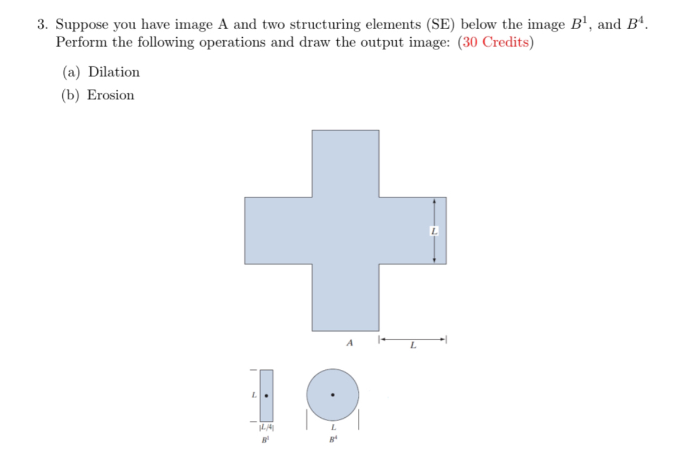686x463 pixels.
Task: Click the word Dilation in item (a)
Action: pyautogui.click(x=114, y=72)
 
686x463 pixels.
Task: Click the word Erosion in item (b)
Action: pyautogui.click(x=111, y=95)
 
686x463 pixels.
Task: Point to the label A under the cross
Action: pyautogui.click(x=349, y=343)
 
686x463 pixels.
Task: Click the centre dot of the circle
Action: pyautogui.click(x=333, y=395)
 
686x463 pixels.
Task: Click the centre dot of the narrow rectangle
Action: pyautogui.click(x=266, y=395)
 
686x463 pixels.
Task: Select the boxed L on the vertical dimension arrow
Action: pyautogui.click(x=434, y=231)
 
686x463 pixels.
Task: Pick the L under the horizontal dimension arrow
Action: pyautogui.click(x=412, y=347)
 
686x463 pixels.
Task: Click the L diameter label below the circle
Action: pyautogui.click(x=333, y=427)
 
